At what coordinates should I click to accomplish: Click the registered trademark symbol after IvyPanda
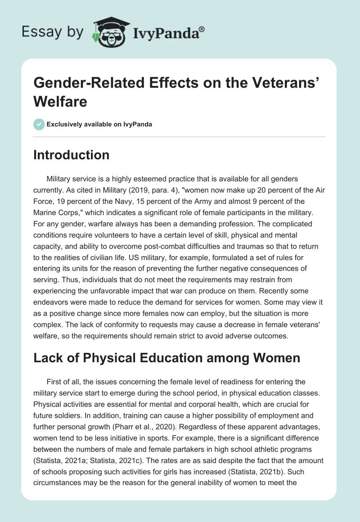(x=202, y=29)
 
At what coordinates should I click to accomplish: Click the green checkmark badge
(x=39, y=124)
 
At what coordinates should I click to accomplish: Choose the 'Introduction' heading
(x=72, y=155)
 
